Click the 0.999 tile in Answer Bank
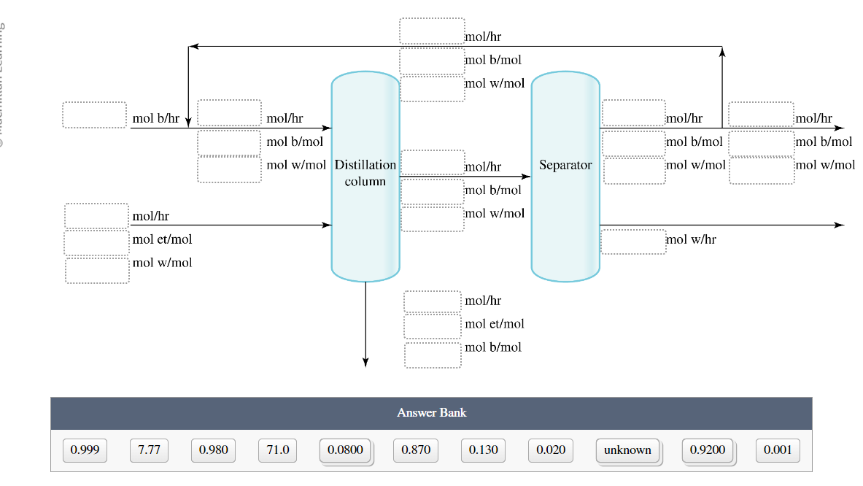pos(85,450)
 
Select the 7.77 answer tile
pos(149,450)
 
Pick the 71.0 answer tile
pos(278,450)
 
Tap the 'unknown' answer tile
pos(627,450)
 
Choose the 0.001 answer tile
pos(778,450)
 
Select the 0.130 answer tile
pos(483,450)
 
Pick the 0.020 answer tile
pos(550,450)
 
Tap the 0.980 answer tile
pos(213,450)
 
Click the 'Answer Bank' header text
pos(431,413)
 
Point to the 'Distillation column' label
pos(365,173)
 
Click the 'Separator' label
pos(565,166)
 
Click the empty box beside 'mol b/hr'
pos(94,115)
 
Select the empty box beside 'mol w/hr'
pos(633,242)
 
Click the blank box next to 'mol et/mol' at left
pos(96,242)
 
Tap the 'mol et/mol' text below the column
pos(495,324)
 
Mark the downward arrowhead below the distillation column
pos(365,363)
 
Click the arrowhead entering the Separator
pos(526,177)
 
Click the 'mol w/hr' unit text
pos(690,239)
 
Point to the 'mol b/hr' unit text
pos(155,118)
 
